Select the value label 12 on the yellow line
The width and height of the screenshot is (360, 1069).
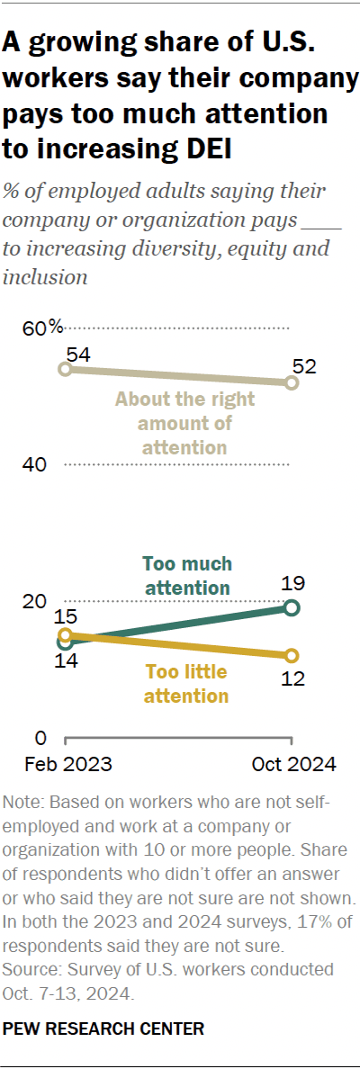pos(292,679)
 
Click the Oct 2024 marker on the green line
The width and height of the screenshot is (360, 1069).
pos(292,608)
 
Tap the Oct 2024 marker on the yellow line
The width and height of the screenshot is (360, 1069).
pos(292,655)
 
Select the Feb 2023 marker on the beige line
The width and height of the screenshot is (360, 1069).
pos(64,369)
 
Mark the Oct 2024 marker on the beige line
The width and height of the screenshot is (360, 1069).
pos(292,383)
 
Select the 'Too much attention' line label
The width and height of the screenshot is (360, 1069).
pos(186,576)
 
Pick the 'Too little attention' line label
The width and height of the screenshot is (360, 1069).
pos(186,684)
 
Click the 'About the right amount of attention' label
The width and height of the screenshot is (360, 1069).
pos(184,423)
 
